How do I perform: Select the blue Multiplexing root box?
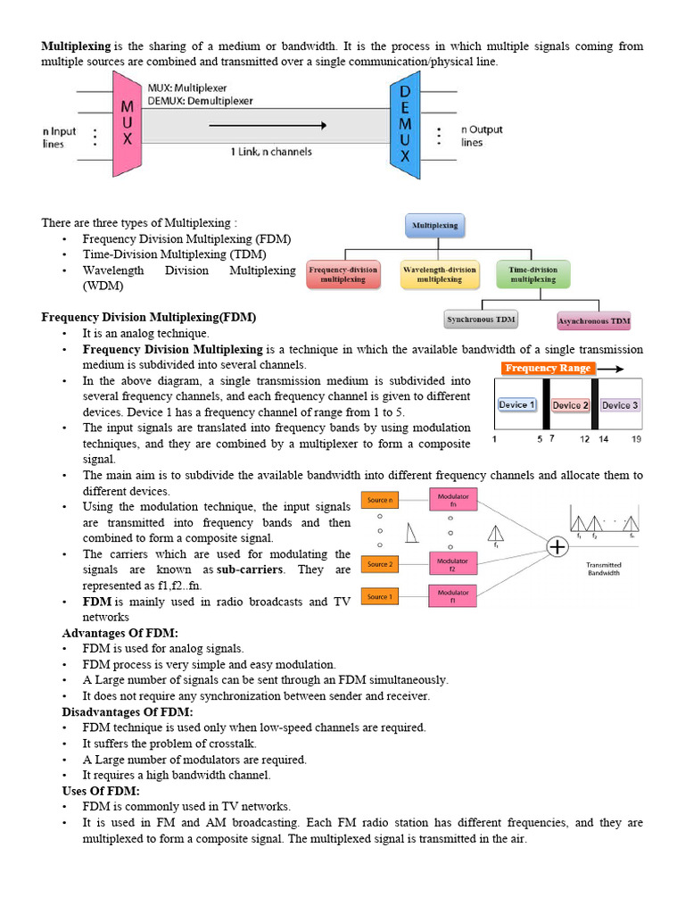point(434,225)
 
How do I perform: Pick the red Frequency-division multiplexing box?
point(343,274)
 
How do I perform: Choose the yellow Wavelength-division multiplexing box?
point(439,274)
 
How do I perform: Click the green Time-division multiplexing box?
point(532,274)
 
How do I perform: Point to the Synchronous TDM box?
point(482,319)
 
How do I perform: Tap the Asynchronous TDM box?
point(593,320)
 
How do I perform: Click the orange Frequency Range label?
point(546,368)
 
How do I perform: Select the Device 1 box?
point(517,405)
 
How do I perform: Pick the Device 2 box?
point(571,405)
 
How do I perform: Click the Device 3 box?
point(619,405)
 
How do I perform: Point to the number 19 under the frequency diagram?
point(636,439)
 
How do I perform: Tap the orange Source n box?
point(379,501)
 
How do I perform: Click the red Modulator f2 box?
point(453,562)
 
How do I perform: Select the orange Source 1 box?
point(379,595)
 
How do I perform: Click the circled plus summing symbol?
point(557,546)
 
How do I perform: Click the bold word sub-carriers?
point(250,569)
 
